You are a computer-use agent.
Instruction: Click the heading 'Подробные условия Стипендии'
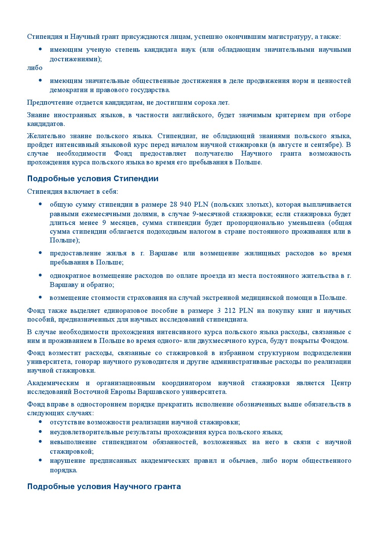tap(93, 179)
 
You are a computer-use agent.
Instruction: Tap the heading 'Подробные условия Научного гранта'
tap(104, 487)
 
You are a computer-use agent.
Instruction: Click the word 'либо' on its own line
tap(35, 68)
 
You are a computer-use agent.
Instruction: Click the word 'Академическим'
tap(53, 383)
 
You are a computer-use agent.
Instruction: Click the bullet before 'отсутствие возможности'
tap(40, 422)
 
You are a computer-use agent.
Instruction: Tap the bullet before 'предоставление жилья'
tap(40, 253)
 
